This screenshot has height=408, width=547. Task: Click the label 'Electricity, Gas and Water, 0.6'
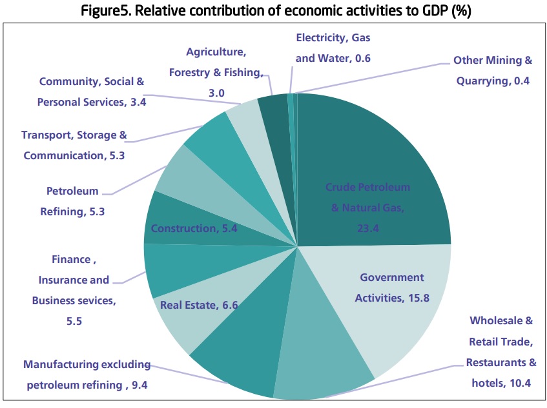333,48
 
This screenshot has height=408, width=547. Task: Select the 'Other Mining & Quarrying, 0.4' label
493,71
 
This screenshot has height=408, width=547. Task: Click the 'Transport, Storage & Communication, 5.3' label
74,145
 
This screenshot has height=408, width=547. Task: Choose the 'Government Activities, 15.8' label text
391,287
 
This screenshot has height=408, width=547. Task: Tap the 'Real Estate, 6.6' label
199,305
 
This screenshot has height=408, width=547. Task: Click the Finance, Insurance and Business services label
71,289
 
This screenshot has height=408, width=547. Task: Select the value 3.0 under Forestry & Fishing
216,93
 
